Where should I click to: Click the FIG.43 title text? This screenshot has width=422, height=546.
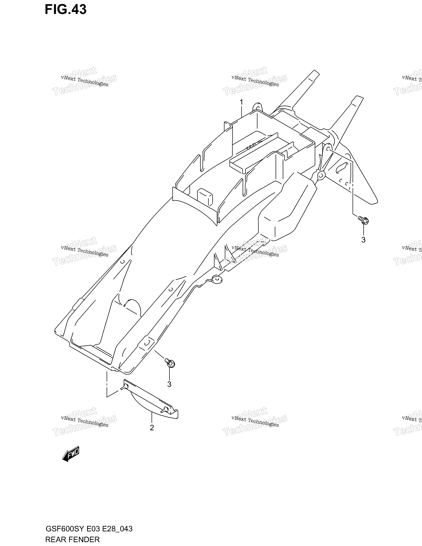click(66, 9)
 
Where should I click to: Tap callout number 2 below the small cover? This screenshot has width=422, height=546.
click(152, 428)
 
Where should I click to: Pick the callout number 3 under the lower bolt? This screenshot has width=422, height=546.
click(169, 384)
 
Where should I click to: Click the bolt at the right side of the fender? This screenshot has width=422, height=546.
click(364, 220)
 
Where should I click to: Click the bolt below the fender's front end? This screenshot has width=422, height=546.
click(170, 363)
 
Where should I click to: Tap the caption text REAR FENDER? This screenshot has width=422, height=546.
click(72, 540)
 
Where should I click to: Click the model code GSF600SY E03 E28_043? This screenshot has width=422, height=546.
click(89, 529)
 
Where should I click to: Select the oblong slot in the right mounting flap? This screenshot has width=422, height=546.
click(341, 167)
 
